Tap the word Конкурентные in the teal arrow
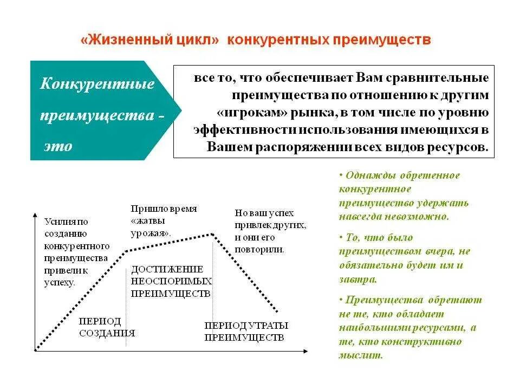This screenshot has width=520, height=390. click(97, 84)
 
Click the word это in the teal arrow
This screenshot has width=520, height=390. click(58, 146)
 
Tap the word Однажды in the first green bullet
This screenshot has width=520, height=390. click(368, 175)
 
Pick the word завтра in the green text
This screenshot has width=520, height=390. click(356, 280)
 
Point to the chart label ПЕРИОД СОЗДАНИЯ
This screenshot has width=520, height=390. click(107, 327)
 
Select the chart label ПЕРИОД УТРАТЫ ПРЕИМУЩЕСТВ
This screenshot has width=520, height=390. click(246, 331)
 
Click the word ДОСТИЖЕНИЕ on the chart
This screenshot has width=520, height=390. click(159, 269)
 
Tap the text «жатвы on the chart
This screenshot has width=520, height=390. click(148, 221)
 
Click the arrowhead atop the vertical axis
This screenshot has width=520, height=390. click(36, 215)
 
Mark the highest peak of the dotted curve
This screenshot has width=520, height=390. click(213, 234)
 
